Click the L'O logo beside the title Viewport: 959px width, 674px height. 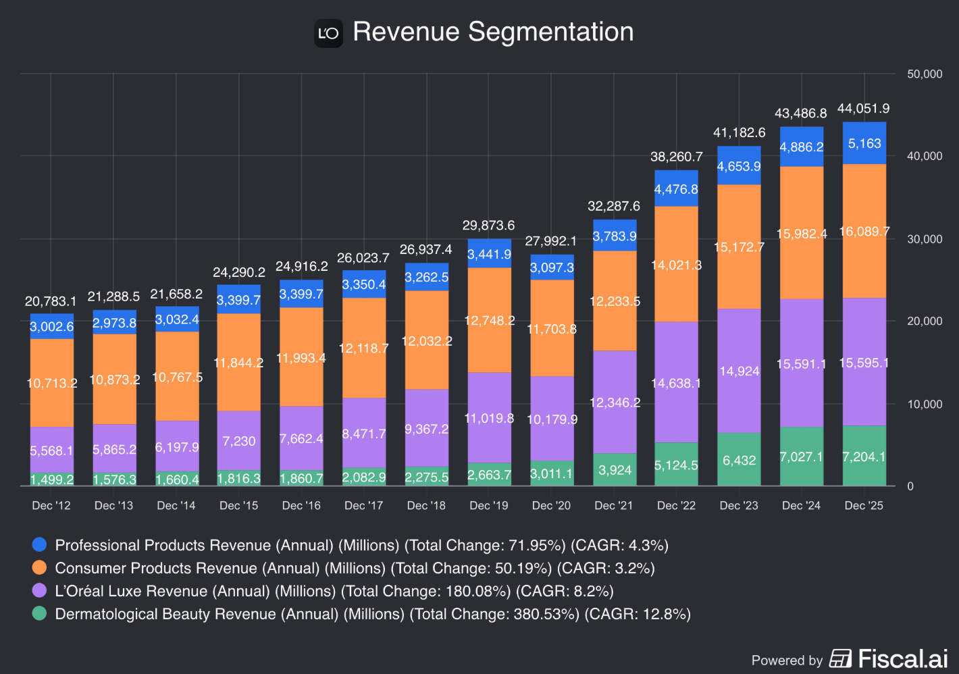tap(328, 33)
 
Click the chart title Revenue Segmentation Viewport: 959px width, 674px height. tap(493, 32)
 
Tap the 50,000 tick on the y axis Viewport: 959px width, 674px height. tap(925, 74)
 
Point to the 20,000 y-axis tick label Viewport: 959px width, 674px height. tap(925, 321)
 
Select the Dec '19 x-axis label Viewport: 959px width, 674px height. tap(488, 506)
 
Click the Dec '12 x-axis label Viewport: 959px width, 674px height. tap(51, 506)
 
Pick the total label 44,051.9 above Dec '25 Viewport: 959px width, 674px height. tap(863, 109)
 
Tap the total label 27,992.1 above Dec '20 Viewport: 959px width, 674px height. tap(551, 241)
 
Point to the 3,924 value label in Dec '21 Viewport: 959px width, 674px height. tap(615, 470)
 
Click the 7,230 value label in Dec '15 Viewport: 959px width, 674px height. tap(239, 441)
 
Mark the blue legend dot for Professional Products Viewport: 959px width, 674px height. tap(40, 545)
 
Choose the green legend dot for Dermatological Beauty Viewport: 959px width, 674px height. tap(40, 614)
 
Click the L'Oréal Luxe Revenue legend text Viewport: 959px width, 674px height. tap(334, 591)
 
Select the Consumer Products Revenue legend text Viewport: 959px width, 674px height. tap(355, 568)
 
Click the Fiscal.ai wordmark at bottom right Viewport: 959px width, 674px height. tap(902, 658)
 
